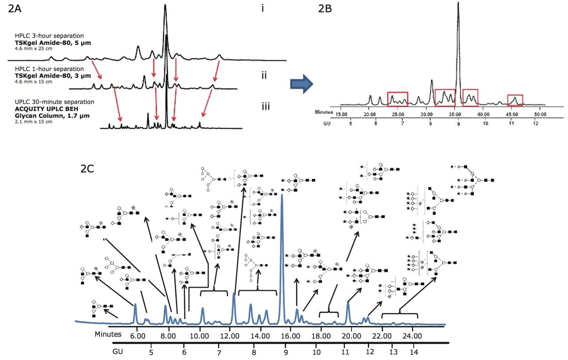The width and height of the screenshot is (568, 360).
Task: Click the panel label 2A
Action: pos(17,10)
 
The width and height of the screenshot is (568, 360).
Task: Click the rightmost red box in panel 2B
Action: pos(515,100)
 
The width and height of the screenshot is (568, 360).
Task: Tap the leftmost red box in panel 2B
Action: pos(397,99)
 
